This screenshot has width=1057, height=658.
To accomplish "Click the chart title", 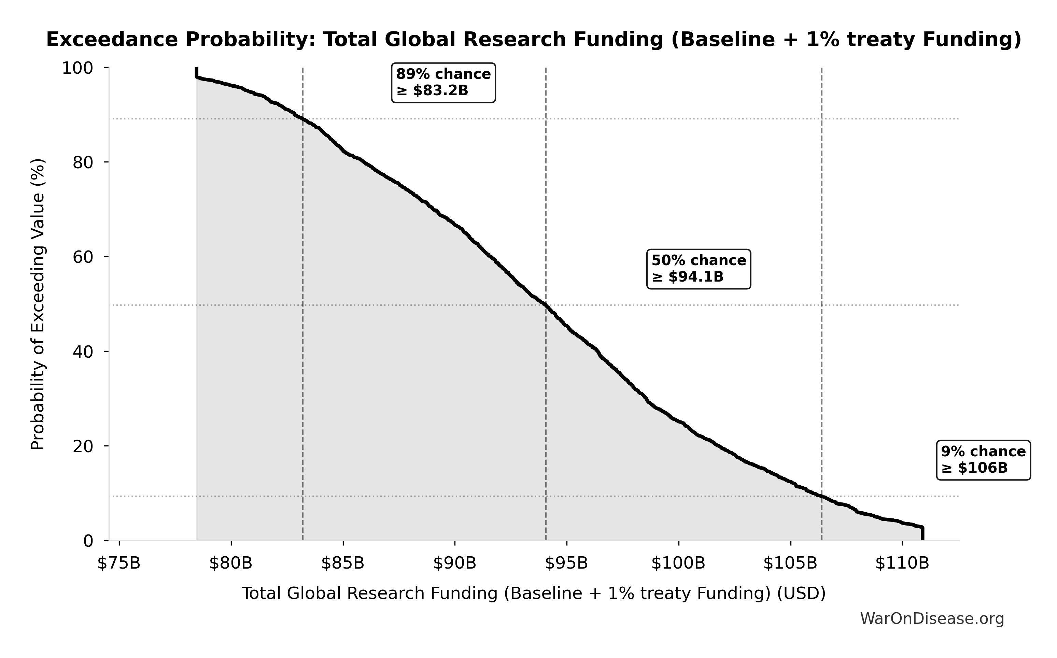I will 533,40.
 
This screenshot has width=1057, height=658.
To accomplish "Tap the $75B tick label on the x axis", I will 119,563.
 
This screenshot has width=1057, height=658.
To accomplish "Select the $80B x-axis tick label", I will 231,563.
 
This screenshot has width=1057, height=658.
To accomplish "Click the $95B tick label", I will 566,563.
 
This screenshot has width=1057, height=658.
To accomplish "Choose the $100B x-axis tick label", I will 678,563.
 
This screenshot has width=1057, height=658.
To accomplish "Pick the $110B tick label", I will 902,563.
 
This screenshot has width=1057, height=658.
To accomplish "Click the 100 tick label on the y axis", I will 77,68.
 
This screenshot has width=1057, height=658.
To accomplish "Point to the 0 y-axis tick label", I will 88,541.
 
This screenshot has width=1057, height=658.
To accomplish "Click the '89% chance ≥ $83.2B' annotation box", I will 443,83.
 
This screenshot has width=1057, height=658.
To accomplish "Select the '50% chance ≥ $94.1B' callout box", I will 698,269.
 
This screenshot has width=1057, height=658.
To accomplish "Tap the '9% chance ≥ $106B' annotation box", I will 983,460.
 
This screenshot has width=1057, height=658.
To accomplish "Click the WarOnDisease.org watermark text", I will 932,618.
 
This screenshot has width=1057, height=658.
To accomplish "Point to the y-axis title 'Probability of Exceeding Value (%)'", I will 38,305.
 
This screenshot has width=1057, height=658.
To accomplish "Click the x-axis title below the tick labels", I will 533,593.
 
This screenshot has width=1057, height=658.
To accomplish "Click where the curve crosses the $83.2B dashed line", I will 302,119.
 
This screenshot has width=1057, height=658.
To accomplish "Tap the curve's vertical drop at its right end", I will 922,533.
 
